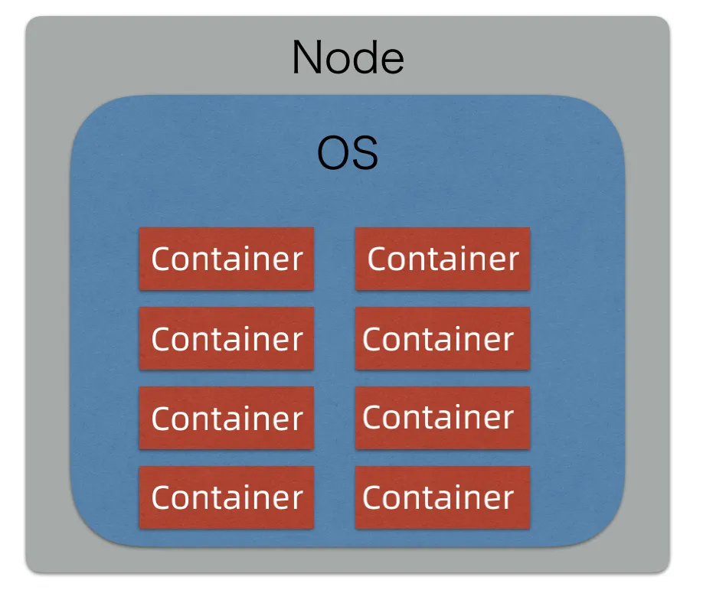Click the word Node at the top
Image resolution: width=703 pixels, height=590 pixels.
pos(348,58)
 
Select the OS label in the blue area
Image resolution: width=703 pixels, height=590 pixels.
pos(348,155)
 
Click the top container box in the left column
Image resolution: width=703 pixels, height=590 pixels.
pos(227,259)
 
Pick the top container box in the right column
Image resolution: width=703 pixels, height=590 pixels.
pos(443,259)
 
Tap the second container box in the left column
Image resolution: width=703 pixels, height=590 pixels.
pos(227,338)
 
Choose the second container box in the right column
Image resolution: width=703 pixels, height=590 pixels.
pos(443,338)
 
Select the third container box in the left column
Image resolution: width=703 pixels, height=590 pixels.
pos(227,418)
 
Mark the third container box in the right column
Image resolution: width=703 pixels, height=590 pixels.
pos(443,418)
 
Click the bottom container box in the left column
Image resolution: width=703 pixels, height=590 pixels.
pos(227,497)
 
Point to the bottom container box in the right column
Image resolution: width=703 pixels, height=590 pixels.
pos(443,497)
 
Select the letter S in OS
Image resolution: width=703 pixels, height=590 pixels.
pos(365,155)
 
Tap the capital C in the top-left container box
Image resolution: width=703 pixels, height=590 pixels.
pos(161,259)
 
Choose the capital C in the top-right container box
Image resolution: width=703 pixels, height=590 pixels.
pos(377,259)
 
